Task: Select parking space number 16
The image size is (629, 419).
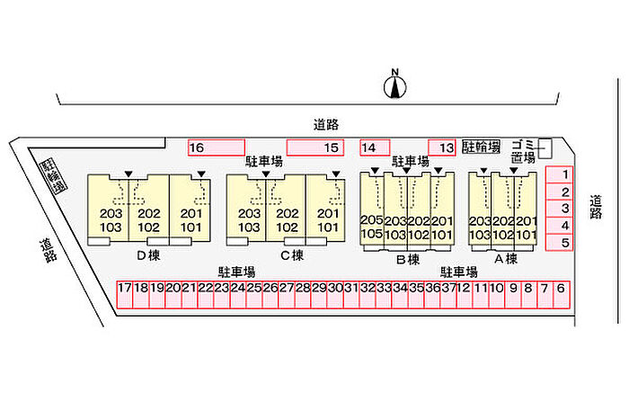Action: pos(216,147)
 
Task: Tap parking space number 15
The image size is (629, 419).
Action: pos(315,147)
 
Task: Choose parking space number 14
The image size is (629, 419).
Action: pos(375,147)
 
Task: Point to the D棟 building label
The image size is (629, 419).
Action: pos(147,254)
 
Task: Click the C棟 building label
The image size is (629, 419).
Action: pos(290,254)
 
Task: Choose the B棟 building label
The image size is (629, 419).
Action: pos(408,260)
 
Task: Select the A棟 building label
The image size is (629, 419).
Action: pos(505,259)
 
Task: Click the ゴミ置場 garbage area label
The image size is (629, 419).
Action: pos(523,151)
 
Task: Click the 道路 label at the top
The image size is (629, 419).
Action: pos(326,124)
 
